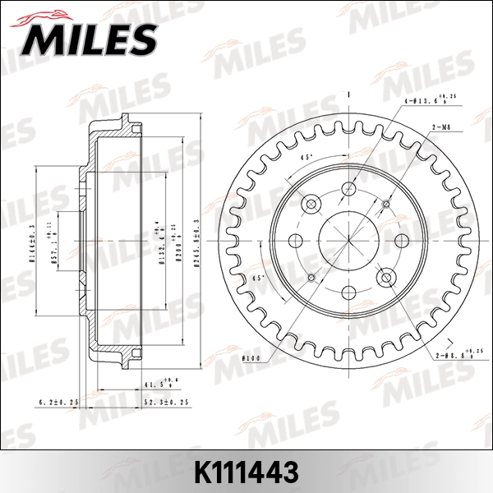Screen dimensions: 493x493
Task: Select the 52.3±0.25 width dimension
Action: click(167, 401)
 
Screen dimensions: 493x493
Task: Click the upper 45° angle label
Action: click(306, 156)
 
